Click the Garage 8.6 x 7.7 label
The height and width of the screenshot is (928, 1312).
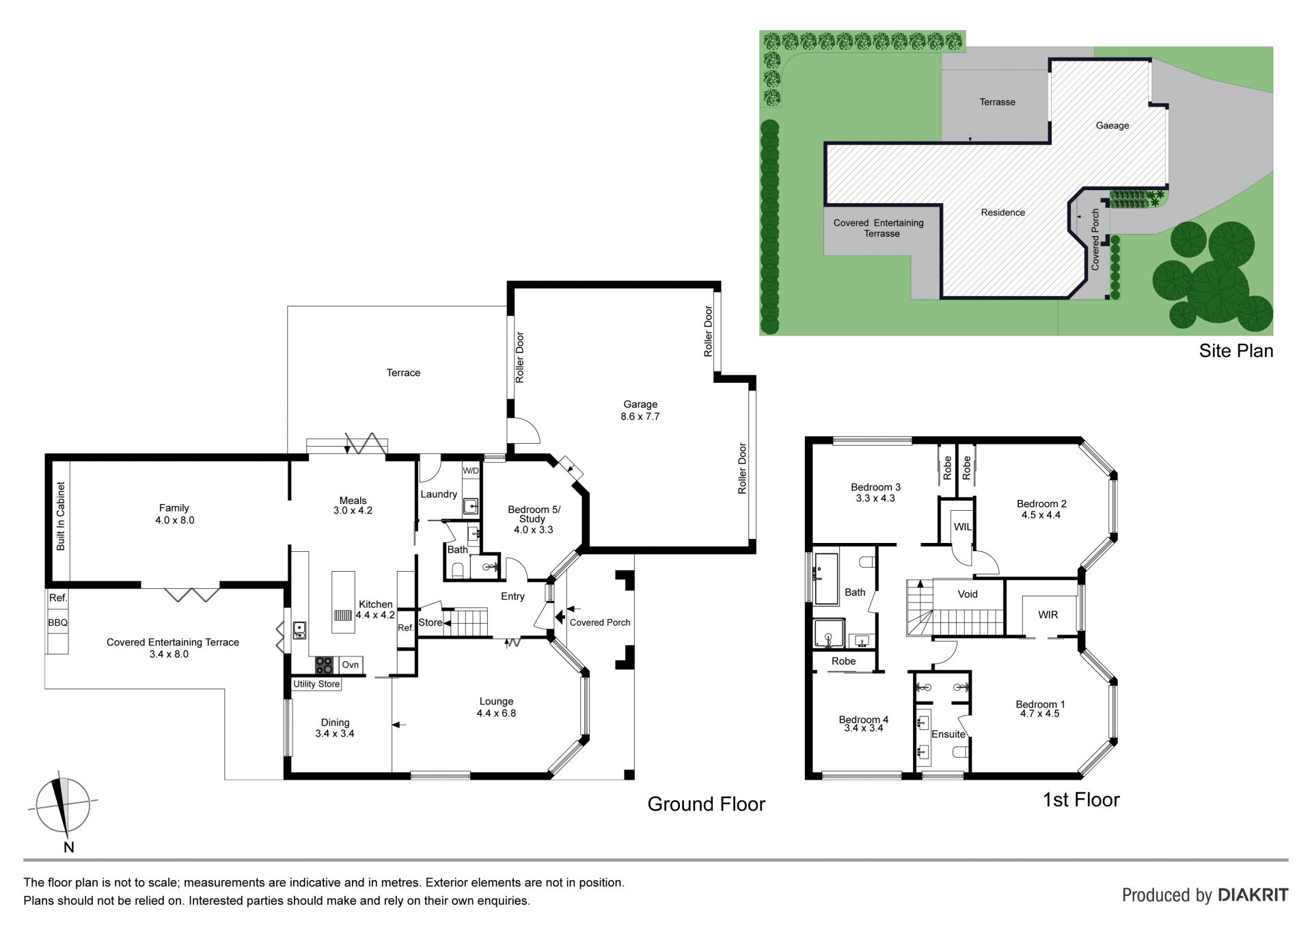[x=640, y=410]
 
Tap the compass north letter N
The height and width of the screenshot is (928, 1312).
[x=68, y=847]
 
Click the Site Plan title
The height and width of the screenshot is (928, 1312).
[x=1236, y=351]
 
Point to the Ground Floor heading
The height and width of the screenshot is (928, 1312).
[x=707, y=804]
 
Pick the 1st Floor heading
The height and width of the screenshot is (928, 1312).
[x=1081, y=800]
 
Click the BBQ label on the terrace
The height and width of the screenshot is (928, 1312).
[x=57, y=623]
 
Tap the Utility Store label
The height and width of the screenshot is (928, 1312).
[x=316, y=684]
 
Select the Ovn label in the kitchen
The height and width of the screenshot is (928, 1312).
[x=350, y=665]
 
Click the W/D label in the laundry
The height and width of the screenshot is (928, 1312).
[x=471, y=471]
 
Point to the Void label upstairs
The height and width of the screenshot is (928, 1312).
[x=968, y=594]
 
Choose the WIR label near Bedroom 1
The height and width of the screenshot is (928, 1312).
[x=1048, y=615]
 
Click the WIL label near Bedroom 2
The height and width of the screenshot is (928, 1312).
[x=962, y=527]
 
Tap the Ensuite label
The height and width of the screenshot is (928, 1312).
[x=948, y=734]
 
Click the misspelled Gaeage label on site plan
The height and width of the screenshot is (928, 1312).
[x=1112, y=126]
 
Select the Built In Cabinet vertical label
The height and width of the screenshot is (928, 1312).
[x=60, y=516]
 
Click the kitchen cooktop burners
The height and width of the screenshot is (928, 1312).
[x=324, y=665]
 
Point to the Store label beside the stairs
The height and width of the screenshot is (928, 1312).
[x=430, y=622]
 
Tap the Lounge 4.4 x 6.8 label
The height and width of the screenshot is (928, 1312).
[x=496, y=707]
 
